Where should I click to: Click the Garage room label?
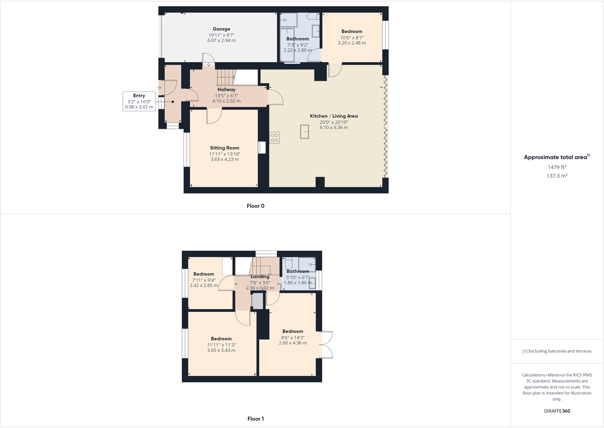pyautogui.click(x=221, y=29)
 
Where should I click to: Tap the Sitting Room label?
pyautogui.click(x=225, y=148)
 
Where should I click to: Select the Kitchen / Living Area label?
pyautogui.click(x=334, y=116)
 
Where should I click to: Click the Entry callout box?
pyautogui.click(x=139, y=101)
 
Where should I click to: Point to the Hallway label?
pyautogui.click(x=226, y=90)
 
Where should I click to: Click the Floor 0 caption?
pyautogui.click(x=255, y=206)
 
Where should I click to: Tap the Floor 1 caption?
pyautogui.click(x=255, y=419)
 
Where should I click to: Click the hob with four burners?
pyautogui.click(x=274, y=138)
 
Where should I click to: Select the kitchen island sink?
pyautogui.click(x=304, y=132)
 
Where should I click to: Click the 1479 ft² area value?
pyautogui.click(x=557, y=167)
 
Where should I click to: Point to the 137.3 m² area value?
pyautogui.click(x=557, y=176)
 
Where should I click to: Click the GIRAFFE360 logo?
pyautogui.click(x=557, y=411)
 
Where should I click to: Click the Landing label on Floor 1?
pyautogui.click(x=260, y=277)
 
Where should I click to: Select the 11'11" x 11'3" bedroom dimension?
pyautogui.click(x=221, y=345)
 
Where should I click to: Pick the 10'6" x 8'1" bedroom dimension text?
pyautogui.click(x=352, y=38)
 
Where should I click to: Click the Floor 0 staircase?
pyautogui.click(x=226, y=77)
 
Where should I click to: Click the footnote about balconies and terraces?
pyautogui.click(x=557, y=351)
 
